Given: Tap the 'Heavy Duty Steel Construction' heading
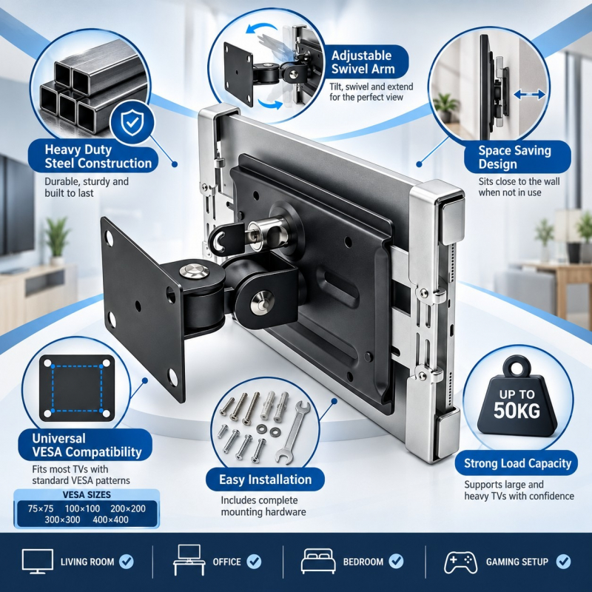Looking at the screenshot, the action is [98, 157].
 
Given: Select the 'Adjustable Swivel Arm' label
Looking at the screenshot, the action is [363, 62].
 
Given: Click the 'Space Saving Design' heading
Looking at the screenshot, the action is [514, 157].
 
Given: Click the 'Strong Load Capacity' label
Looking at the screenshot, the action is [517, 463].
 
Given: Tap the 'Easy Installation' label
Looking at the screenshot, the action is [266, 480].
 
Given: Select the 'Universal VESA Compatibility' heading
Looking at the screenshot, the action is [87, 445].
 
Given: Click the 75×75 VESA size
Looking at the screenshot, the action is [41, 508].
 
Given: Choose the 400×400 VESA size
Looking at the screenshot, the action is [110, 520].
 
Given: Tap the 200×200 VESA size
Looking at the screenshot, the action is [128, 508].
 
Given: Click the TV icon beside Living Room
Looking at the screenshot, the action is [38, 562].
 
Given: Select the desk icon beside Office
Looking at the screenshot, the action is [189, 560].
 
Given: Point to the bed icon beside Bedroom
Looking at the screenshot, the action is [318, 561].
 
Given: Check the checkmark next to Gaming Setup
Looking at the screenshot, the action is [563, 562].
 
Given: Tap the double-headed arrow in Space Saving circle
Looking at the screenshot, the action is [530, 95].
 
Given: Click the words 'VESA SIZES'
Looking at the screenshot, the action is [87, 494].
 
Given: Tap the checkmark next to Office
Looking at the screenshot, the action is [254, 562].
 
